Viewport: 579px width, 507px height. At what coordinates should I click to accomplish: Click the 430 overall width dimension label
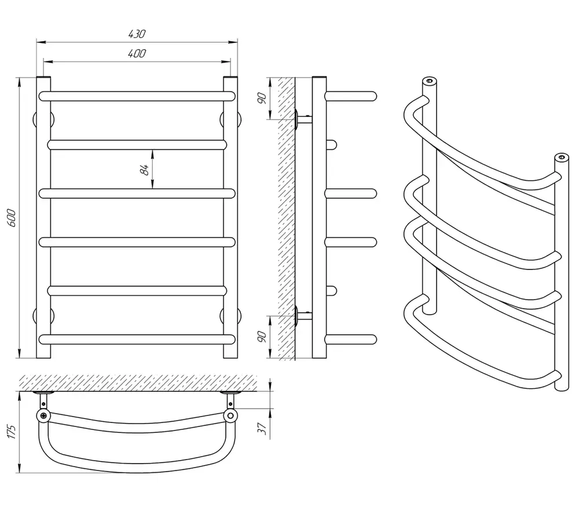(137, 34)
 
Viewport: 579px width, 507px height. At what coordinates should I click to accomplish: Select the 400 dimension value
(137, 53)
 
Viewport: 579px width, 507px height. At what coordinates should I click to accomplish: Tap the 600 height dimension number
(12, 218)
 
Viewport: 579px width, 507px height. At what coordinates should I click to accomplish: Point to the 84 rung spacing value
(145, 170)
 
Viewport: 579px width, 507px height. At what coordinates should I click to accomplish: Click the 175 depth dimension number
(12, 432)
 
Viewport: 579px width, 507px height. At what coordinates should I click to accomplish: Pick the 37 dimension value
(262, 428)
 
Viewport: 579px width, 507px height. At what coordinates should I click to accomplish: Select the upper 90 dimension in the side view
(262, 99)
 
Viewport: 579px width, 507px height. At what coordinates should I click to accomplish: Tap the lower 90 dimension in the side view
(262, 337)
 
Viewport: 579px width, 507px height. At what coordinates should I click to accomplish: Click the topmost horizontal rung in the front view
(137, 96)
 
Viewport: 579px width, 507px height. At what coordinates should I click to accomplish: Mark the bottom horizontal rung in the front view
(137, 339)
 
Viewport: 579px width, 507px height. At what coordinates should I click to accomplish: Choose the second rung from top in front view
(137, 145)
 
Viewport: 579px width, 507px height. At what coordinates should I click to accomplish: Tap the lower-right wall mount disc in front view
(230, 316)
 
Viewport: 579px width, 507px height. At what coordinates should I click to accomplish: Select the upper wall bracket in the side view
(303, 119)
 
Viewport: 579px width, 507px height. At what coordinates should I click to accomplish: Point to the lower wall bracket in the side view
(303, 316)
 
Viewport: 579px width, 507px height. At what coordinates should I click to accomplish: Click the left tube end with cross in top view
(43, 415)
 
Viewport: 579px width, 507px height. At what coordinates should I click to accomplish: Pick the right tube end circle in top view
(230, 415)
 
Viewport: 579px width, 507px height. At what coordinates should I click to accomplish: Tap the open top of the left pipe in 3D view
(429, 81)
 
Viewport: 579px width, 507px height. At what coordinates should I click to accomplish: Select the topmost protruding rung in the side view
(351, 96)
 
